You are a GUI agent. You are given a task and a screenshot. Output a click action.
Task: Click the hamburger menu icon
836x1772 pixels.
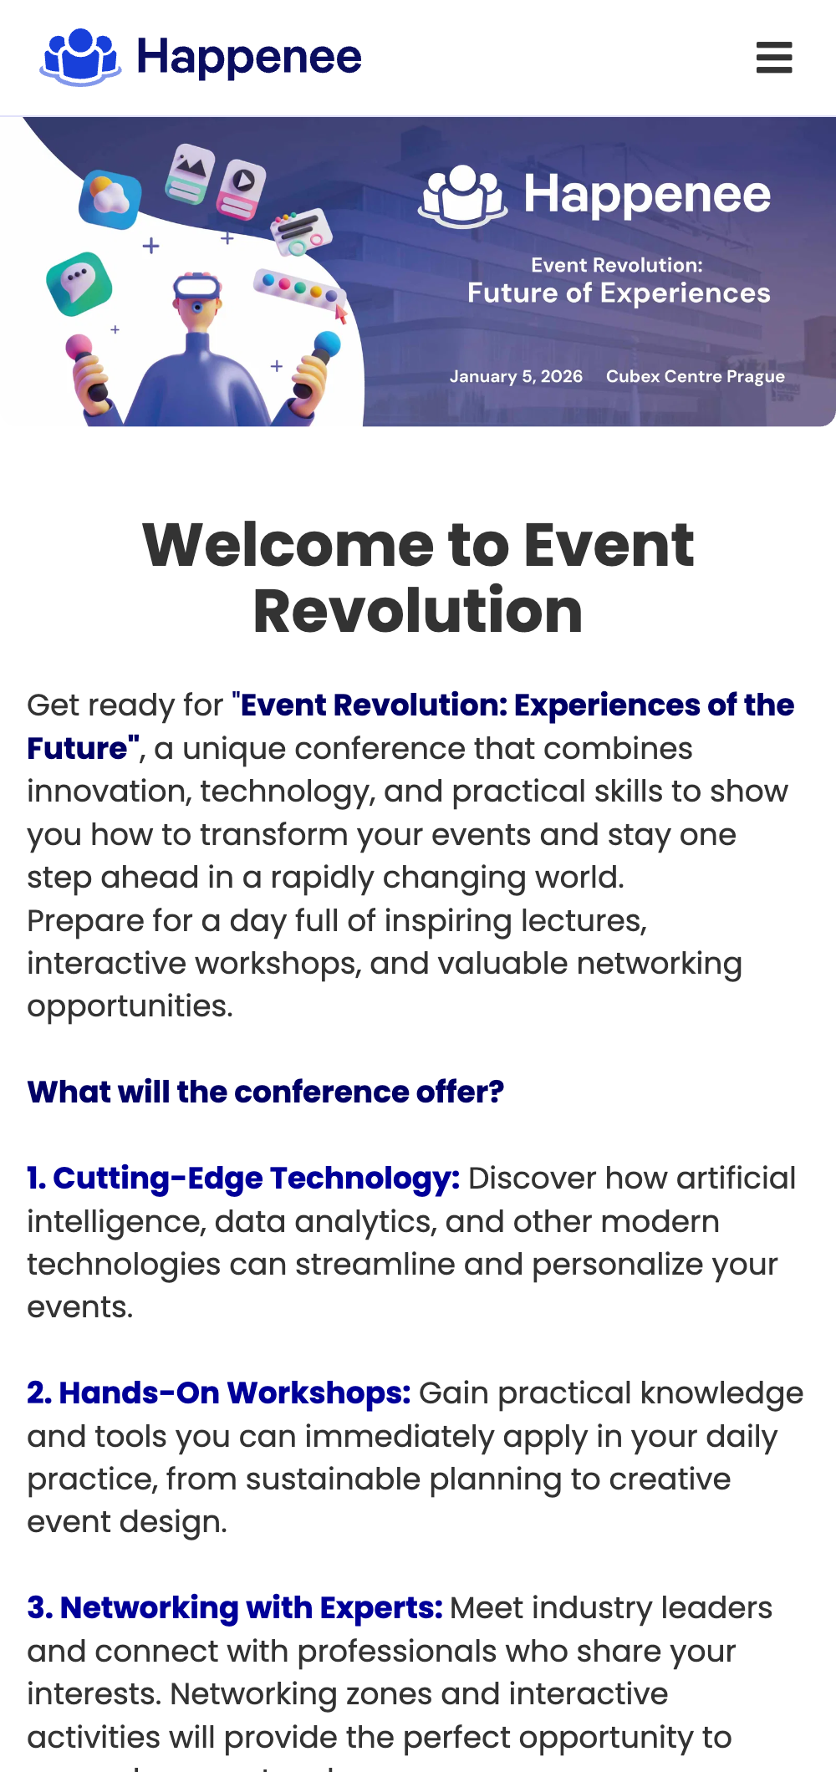pos(774,58)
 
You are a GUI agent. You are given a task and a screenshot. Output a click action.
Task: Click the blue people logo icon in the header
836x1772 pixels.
pos(81,57)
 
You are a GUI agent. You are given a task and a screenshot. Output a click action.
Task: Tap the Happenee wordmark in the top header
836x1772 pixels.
pos(249,59)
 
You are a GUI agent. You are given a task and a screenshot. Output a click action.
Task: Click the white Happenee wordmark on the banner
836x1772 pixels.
pos(647,195)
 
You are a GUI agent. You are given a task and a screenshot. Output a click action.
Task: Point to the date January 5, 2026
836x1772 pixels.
pos(516,376)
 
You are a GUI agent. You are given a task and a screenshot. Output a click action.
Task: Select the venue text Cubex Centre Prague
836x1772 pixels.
pos(696,376)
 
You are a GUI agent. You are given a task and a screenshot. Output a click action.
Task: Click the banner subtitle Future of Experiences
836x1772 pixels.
pos(619,293)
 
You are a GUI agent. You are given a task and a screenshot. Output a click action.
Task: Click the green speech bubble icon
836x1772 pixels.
pos(79,283)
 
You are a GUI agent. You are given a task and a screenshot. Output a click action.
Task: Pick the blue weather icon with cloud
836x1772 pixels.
pos(110,199)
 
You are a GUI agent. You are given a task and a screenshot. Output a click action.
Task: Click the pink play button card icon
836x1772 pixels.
pos(242,188)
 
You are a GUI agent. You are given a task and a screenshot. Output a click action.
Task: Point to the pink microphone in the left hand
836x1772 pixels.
pos(80,349)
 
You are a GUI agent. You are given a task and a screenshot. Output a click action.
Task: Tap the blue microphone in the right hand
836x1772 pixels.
pos(327,344)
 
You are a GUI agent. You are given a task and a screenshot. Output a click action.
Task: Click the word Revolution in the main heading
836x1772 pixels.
pos(418,611)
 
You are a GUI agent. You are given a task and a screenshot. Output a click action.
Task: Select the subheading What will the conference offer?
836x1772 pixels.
pos(266,1092)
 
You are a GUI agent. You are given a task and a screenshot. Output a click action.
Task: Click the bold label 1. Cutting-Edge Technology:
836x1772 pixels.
pos(243,1179)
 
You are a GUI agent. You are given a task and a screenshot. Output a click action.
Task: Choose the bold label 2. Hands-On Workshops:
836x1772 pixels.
pos(219,1393)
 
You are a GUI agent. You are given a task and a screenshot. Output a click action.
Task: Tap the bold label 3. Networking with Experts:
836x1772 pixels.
pos(235,1608)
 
